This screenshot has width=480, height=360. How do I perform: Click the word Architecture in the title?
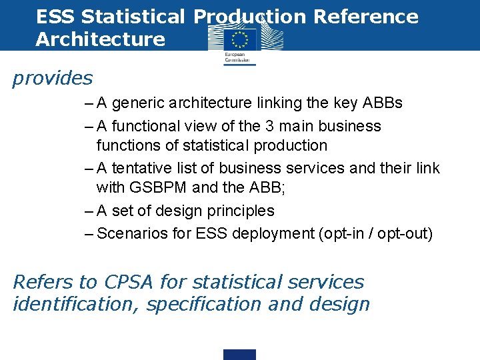pos(101,39)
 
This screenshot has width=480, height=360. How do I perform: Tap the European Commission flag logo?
pos(239,41)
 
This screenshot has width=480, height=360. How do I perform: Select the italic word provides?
pos(53,79)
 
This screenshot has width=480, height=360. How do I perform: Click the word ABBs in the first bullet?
pos(382,103)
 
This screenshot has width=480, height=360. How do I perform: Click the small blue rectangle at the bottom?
pos(239,354)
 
